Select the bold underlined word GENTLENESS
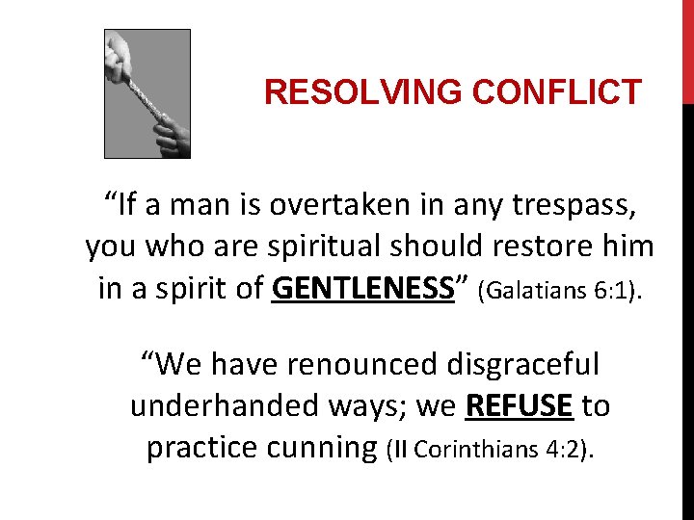click(363, 288)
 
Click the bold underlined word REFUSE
click(519, 406)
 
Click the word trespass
click(569, 205)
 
